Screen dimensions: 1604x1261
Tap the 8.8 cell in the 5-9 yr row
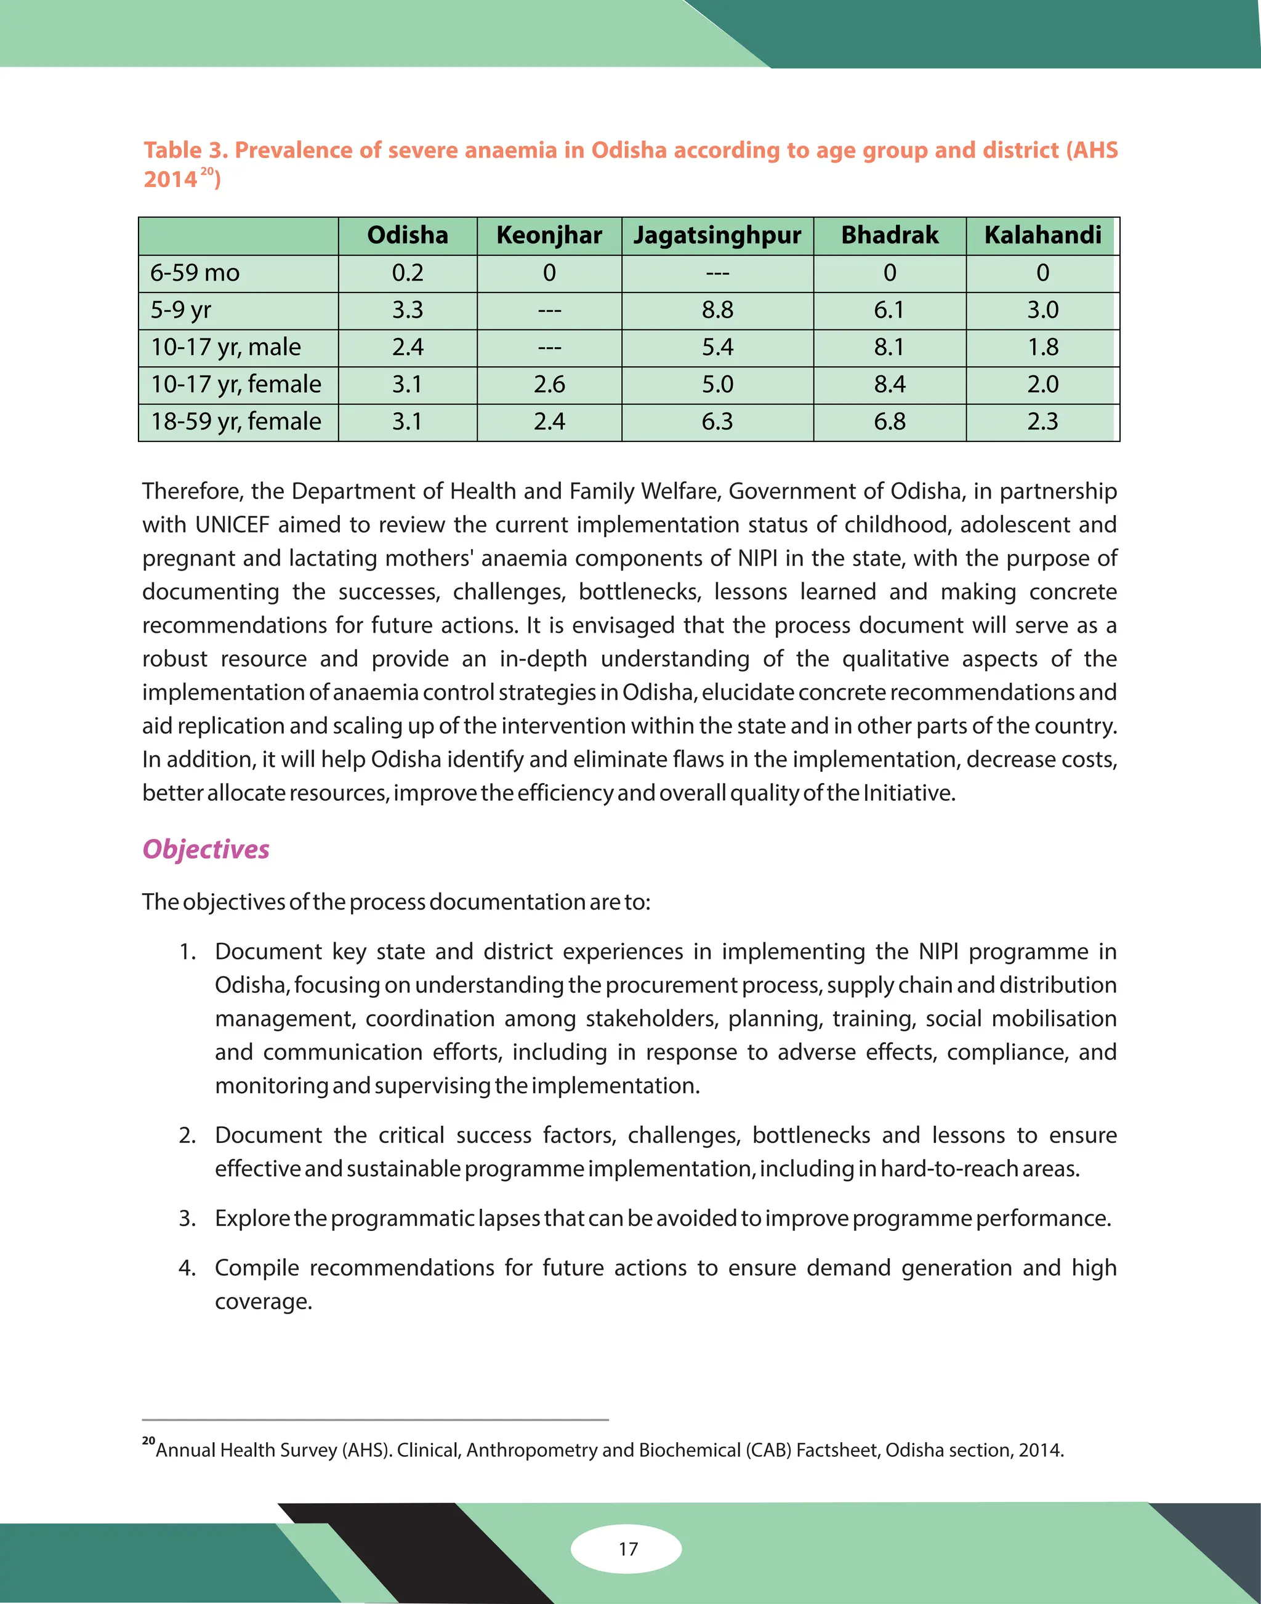point(717,310)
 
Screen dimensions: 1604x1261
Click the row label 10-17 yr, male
point(226,347)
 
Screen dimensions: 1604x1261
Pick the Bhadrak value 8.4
point(890,385)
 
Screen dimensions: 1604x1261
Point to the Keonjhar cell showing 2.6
point(549,385)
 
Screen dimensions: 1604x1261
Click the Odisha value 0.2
point(408,273)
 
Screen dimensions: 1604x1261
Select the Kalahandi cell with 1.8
point(1042,347)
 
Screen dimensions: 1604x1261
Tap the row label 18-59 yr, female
point(236,422)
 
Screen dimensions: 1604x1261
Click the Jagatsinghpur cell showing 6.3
point(717,422)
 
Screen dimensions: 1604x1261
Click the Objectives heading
point(206,849)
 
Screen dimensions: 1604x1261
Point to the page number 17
point(627,1549)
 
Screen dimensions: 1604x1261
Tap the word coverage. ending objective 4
point(264,1301)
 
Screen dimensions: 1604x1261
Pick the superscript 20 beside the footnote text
point(148,1440)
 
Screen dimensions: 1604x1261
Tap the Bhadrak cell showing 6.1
point(890,310)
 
